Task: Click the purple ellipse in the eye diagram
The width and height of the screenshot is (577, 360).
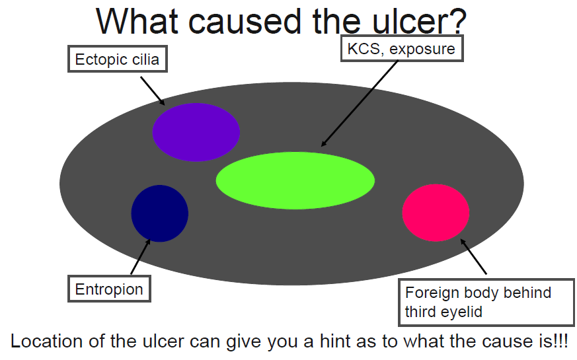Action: point(196,132)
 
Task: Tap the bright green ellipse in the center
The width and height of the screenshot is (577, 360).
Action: point(295,180)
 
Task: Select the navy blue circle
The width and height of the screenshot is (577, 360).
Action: point(160,213)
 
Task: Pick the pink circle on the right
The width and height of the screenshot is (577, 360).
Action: point(436,213)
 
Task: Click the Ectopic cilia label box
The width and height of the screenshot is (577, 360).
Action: point(117,59)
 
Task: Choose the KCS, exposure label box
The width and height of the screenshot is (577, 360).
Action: point(401,48)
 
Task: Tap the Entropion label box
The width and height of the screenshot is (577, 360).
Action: point(109,289)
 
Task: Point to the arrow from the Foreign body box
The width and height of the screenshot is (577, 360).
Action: point(473,256)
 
